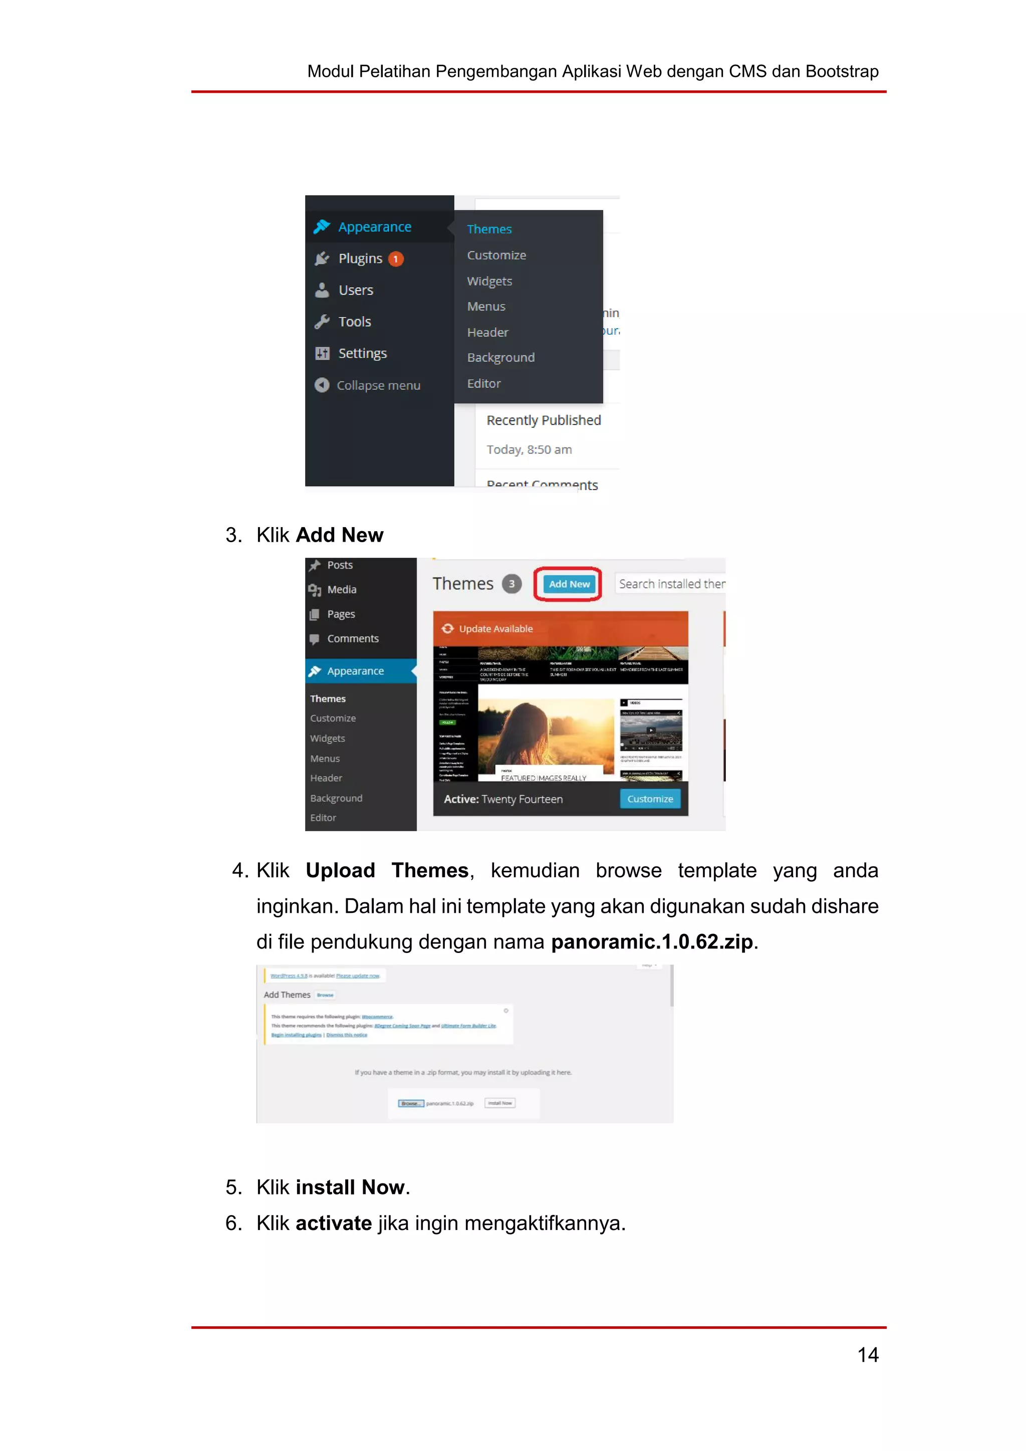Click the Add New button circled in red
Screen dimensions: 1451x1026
(569, 584)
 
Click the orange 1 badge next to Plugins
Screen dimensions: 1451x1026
(395, 259)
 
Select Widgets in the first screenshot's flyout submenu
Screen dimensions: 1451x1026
(489, 281)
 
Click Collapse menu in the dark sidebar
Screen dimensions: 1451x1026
(378, 385)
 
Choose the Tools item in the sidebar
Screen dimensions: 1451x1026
(354, 322)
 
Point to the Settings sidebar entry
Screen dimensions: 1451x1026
(362, 353)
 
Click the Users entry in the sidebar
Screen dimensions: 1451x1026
(356, 290)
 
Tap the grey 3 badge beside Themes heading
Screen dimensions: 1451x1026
(511, 584)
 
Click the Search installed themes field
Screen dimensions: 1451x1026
(671, 584)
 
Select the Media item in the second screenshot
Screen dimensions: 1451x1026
(341, 590)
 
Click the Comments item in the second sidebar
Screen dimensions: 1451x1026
(353, 639)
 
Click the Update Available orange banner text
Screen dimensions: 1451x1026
(495, 629)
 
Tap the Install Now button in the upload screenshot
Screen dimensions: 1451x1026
(500, 1103)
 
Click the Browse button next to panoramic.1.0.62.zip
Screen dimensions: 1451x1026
(411, 1103)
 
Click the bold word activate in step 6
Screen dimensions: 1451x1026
(334, 1224)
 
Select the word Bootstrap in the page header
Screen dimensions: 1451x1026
(842, 72)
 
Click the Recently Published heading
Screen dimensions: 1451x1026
(544, 420)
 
